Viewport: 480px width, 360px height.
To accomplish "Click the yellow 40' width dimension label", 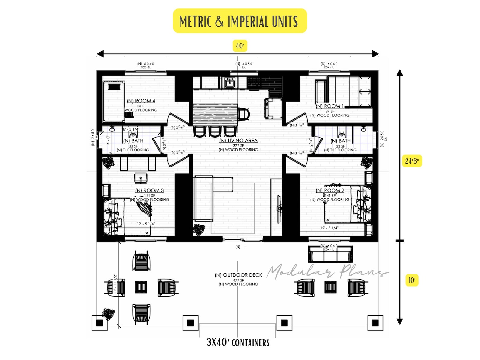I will pos(240,46).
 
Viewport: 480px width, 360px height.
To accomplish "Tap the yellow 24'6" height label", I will pos(412,161).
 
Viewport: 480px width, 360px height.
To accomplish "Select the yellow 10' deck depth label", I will pos(412,281).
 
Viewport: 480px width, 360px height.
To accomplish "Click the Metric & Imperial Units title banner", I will pos(240,21).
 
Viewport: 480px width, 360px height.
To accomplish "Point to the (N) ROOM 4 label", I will pos(141,101).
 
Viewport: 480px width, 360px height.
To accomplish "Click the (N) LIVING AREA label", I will pos(238,141).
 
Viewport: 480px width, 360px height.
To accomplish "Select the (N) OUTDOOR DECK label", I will pos(238,275).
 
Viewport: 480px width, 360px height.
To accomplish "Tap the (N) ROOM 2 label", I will pos(330,190).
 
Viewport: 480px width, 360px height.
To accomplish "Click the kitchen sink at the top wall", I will pos(230,82).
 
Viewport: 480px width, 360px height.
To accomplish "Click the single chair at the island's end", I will pos(244,114).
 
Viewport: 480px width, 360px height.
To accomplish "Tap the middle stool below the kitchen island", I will pos(214,131).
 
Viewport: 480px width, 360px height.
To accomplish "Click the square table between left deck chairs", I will pos(141,287).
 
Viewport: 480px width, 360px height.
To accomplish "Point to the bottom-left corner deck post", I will pos(99,323).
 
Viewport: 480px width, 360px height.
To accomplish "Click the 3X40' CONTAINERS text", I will pos(238,342).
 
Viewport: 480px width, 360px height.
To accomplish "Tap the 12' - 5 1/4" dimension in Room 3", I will pos(146,224).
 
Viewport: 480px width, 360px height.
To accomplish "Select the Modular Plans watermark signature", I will pos(326,271).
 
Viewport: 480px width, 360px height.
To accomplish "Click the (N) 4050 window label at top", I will pos(244,64).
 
